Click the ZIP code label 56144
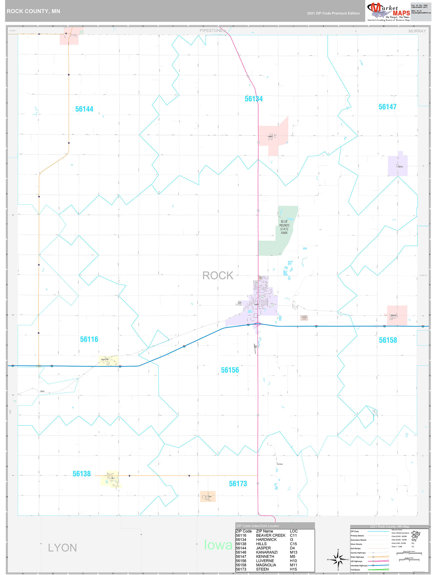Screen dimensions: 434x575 [84, 109]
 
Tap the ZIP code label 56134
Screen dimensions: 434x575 [254, 99]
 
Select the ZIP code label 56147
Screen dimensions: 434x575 [388, 107]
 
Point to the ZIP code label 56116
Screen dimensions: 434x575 [89, 339]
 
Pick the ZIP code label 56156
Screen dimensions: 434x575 [230, 370]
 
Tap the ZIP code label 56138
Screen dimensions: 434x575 [81, 474]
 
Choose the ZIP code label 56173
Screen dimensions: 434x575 [238, 484]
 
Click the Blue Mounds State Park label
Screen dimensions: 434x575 [284, 227]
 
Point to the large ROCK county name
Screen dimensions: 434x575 [218, 276]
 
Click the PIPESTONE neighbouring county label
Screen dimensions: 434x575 [211, 31]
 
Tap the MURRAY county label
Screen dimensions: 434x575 [417, 31]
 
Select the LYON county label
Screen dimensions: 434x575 [62, 548]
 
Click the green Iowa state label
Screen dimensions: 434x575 [218, 545]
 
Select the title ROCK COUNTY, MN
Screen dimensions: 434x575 [33, 11]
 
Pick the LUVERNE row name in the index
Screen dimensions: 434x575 [265, 561]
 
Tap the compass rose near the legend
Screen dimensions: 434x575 [338, 559]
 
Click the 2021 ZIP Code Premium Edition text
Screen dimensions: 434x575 [333, 13]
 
